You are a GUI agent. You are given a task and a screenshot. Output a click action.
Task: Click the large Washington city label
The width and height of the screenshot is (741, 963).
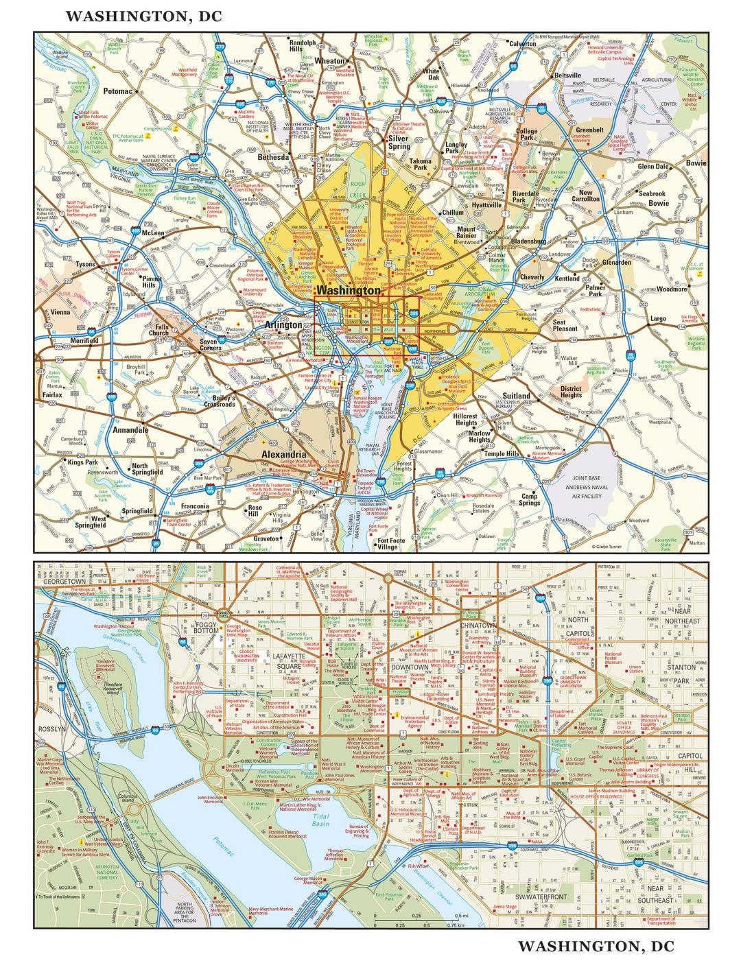tap(349, 291)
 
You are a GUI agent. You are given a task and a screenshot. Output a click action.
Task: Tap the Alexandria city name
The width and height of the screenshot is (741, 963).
tap(283, 454)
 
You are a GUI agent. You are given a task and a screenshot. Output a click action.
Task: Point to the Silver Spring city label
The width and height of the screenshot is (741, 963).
tap(399, 142)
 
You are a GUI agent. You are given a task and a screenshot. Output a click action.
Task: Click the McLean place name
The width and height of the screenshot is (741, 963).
tap(152, 233)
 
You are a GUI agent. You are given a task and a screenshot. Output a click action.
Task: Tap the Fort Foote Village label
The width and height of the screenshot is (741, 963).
tap(387, 544)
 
